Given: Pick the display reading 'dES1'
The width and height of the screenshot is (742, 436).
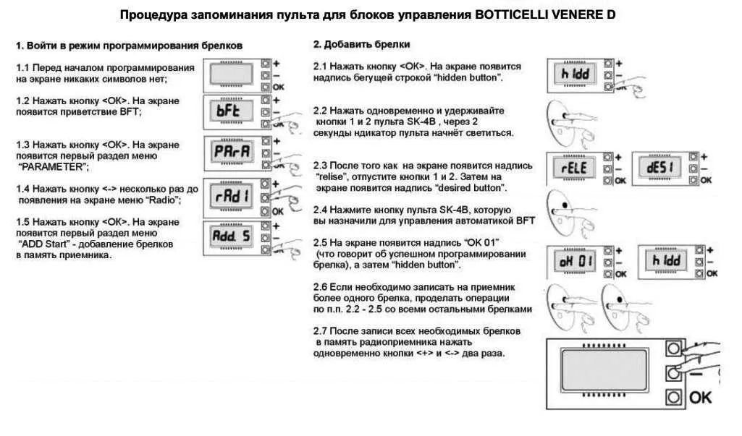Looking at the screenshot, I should pyautogui.click(x=659, y=168).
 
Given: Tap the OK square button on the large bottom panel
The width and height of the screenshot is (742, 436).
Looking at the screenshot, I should pyautogui.click(x=674, y=397).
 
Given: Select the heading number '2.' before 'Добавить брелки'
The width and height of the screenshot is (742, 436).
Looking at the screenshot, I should pyautogui.click(x=317, y=45).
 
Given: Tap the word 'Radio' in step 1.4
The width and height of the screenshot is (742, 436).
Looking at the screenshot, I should pyautogui.click(x=162, y=200).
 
